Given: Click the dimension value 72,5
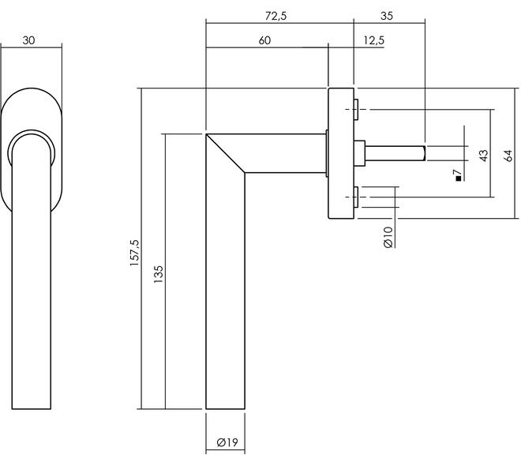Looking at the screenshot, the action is [x=275, y=16].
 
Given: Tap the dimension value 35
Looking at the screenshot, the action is [x=387, y=16].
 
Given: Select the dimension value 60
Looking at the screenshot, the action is [x=264, y=40].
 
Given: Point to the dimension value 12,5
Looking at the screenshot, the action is [x=374, y=40].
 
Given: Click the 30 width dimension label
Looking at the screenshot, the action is [x=28, y=40].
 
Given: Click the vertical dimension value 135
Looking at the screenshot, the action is [x=159, y=274].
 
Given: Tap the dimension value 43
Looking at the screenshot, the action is [x=484, y=156].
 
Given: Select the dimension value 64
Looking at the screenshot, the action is [x=508, y=156].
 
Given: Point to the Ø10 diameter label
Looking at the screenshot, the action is [x=388, y=237].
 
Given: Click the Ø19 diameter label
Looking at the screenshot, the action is [x=227, y=442].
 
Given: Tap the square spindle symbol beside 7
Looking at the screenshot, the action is [x=459, y=179].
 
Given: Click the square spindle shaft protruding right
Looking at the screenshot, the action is [x=395, y=153].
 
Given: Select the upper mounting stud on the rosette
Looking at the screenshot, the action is [x=356, y=109].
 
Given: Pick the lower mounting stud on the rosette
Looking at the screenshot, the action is [x=356, y=197].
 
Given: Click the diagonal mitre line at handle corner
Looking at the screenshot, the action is [x=225, y=153].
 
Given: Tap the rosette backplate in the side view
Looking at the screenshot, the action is [x=341, y=153].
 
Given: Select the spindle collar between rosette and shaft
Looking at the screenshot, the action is [x=359, y=153].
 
